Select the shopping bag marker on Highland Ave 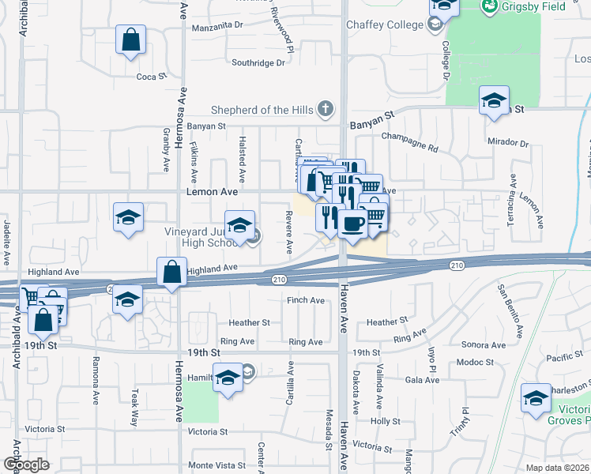171,273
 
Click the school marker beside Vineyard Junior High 239,225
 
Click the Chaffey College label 385,24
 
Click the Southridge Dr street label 258,62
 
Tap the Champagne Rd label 409,141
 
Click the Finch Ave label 306,300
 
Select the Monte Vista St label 216,468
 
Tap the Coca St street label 152,77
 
